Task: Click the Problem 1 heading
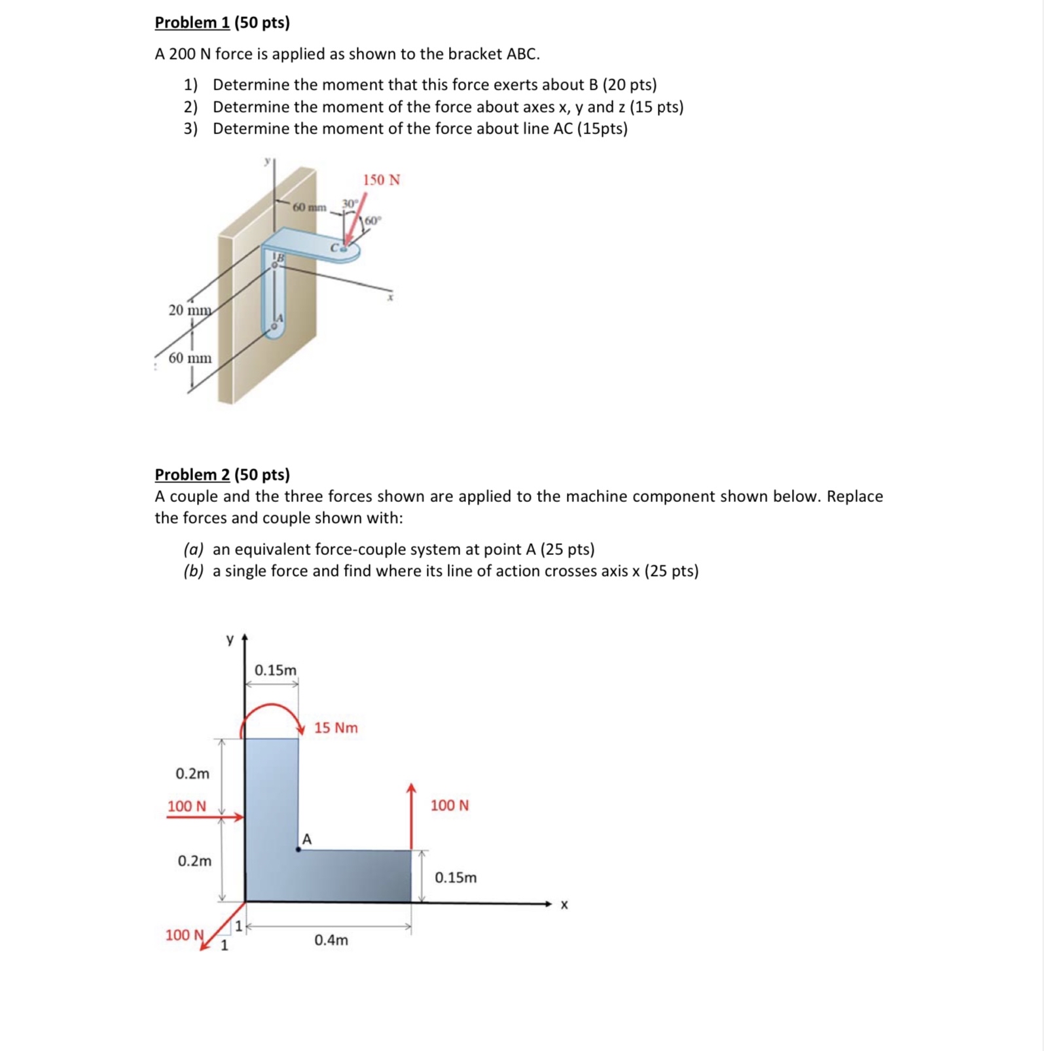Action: click(x=222, y=23)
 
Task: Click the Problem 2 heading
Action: click(x=222, y=474)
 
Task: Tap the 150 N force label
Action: click(x=381, y=180)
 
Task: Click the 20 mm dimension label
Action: click(x=190, y=310)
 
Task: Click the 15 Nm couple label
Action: click(x=336, y=728)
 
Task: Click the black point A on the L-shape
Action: click(x=298, y=849)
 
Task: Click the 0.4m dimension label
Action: click(x=331, y=940)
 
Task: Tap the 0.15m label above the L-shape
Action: click(x=276, y=670)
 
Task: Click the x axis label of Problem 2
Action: click(x=564, y=905)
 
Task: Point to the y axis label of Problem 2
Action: click(x=229, y=639)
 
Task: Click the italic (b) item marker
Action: click(x=193, y=571)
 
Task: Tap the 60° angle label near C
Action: click(x=372, y=221)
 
